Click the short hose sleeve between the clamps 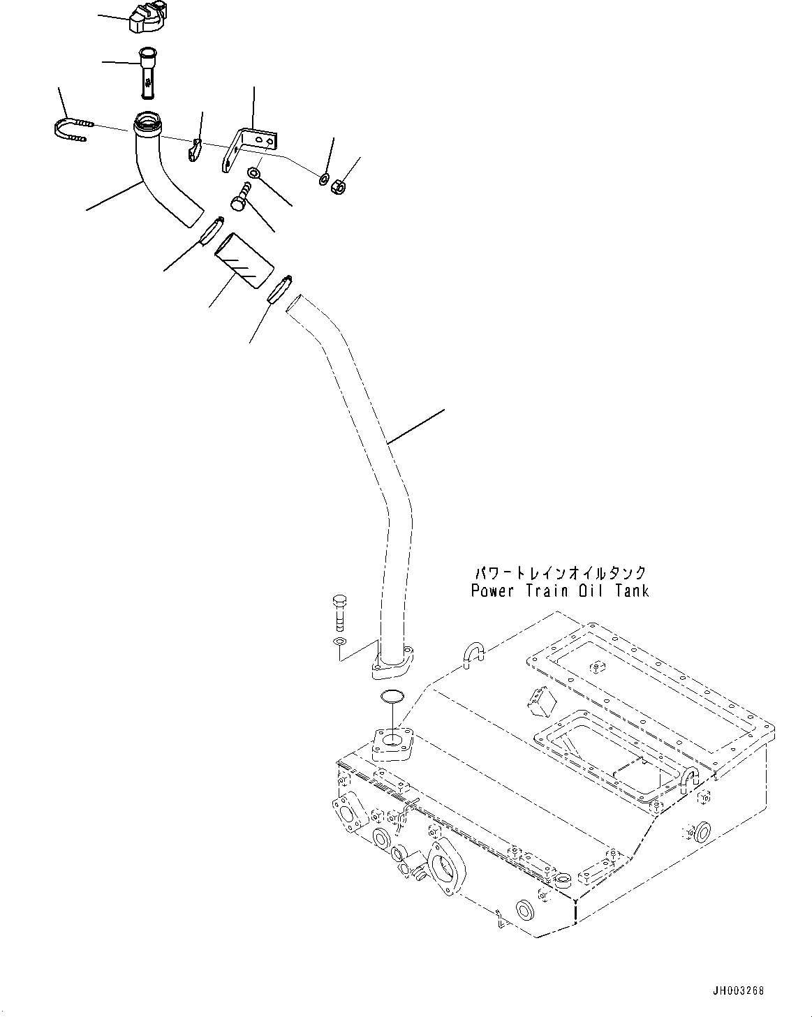[x=242, y=261]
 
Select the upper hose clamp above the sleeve [x=212, y=230]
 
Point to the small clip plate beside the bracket [x=195, y=149]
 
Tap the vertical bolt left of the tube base [x=340, y=612]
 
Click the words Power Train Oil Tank [x=559, y=591]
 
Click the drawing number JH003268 [x=739, y=990]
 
